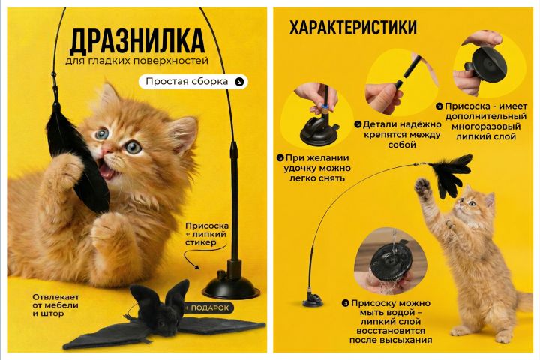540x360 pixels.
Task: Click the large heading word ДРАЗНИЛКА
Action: (x=137, y=42)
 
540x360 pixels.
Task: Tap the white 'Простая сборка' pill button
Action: (x=193, y=82)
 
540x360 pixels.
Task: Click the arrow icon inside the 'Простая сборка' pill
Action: (x=239, y=82)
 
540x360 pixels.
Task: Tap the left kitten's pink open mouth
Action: (x=107, y=170)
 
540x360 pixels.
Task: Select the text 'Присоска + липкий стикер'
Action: (x=207, y=234)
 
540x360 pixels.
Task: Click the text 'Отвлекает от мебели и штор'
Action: (x=55, y=305)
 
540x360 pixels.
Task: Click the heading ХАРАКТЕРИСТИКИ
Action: (x=353, y=28)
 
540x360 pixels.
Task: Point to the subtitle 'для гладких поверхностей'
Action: (x=136, y=61)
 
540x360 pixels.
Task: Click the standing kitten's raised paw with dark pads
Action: (x=423, y=188)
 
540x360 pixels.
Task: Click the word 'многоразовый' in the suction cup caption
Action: (x=486, y=127)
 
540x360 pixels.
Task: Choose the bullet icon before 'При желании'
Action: (x=280, y=158)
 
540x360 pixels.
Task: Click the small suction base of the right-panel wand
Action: (x=313, y=300)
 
